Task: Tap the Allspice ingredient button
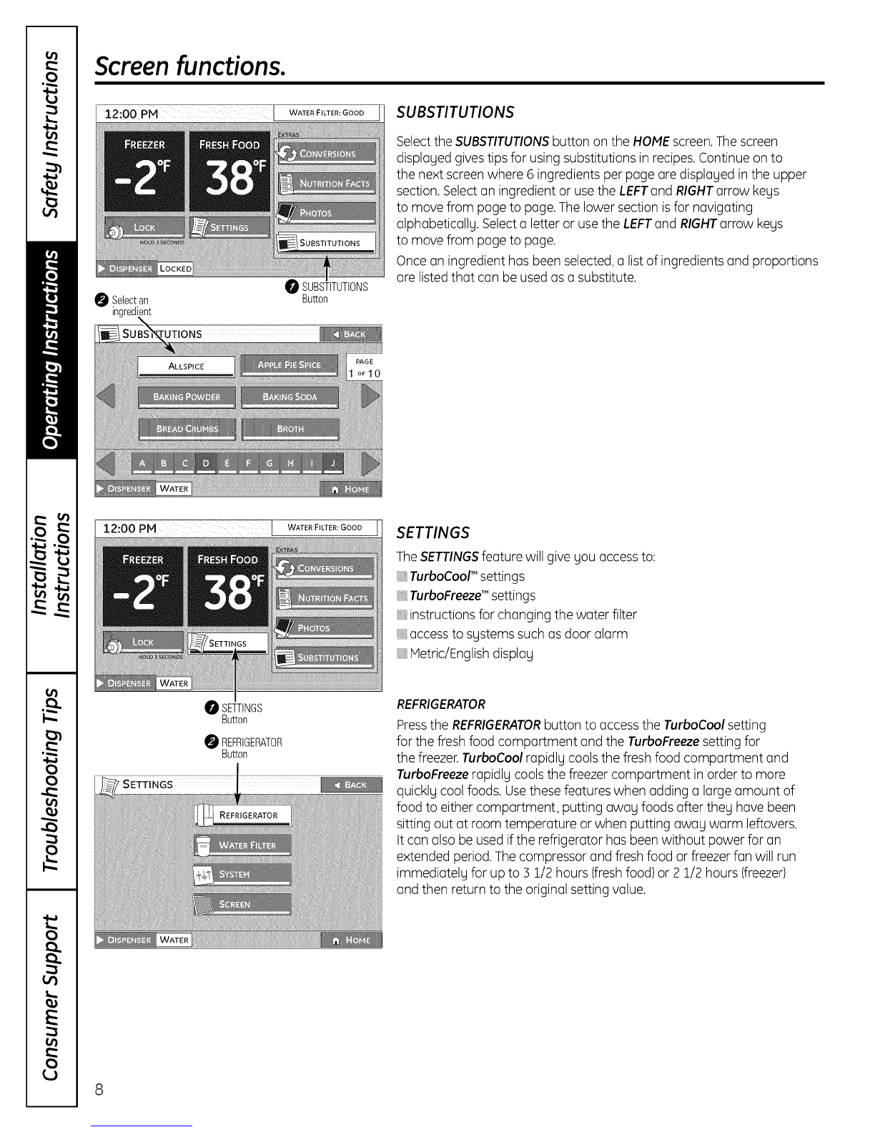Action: (186, 366)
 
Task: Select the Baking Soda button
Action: (290, 397)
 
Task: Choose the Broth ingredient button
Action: (290, 429)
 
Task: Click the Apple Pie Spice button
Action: (289, 365)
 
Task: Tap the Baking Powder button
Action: (186, 397)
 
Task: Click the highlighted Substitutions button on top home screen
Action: (327, 243)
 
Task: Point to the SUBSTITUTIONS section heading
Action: (455, 113)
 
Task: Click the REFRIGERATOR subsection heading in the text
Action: (441, 704)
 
